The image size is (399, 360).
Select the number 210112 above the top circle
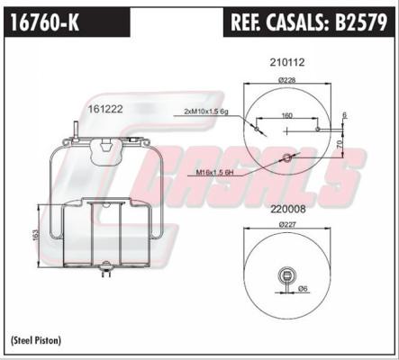click(x=287, y=62)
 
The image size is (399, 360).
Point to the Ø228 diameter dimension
click(x=287, y=80)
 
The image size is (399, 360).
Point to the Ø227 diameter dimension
click(x=287, y=222)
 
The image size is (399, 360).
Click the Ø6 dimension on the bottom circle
click(x=303, y=288)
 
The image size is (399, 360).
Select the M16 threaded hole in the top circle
click(x=287, y=159)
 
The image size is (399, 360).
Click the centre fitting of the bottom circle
click(x=287, y=274)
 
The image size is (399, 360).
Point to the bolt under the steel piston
click(x=108, y=266)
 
